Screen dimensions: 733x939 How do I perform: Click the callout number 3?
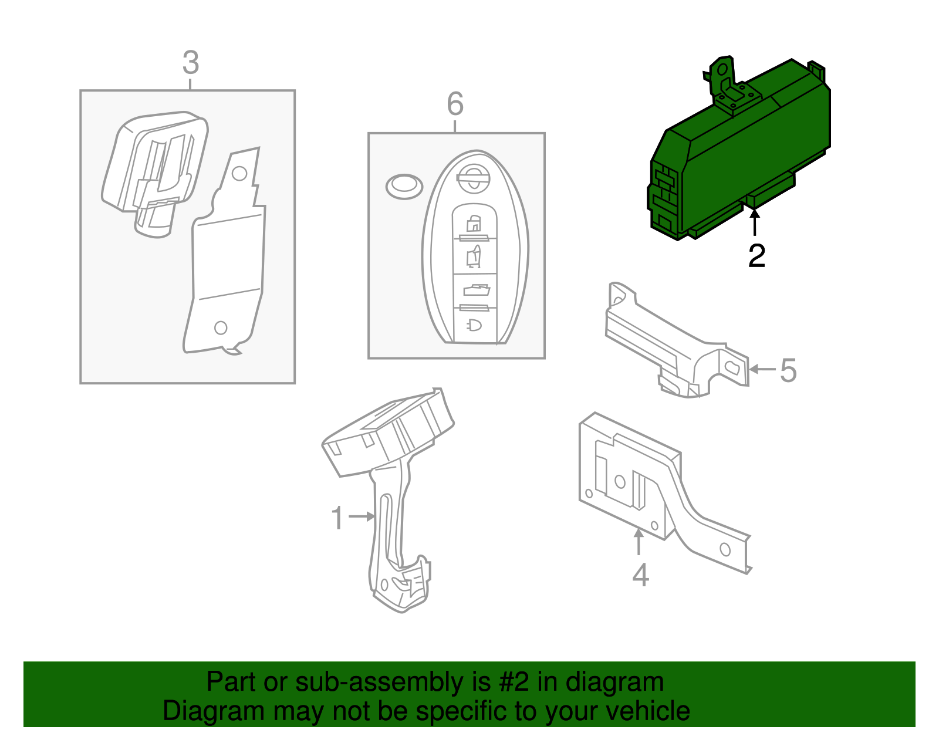coord(191,63)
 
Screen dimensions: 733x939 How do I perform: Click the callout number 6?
coord(455,104)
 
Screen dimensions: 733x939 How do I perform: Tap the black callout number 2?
coord(756,256)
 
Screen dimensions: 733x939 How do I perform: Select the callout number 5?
coord(788,370)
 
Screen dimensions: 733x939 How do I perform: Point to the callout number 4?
coord(640,575)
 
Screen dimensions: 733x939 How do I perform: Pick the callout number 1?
coord(337,518)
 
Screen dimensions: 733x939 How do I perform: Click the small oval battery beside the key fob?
coord(404,187)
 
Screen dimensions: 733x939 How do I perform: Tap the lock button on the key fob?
coord(474,224)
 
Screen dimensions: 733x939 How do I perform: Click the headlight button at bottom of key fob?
coord(474,325)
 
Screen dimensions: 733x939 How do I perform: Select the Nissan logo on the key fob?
coord(473,178)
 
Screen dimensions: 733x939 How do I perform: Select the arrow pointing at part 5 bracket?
coord(763,369)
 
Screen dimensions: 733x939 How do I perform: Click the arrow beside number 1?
coord(362,516)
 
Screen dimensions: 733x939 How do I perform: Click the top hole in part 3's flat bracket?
coord(239,173)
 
